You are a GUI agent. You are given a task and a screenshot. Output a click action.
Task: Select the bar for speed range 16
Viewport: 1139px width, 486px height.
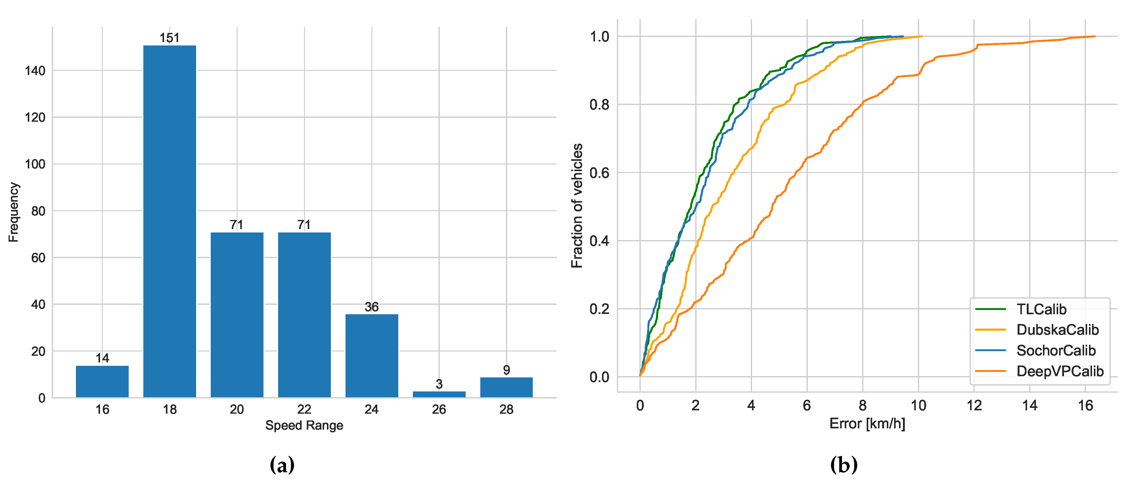(x=102, y=381)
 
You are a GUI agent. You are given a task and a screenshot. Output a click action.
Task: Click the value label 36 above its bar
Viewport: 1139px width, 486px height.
(x=371, y=307)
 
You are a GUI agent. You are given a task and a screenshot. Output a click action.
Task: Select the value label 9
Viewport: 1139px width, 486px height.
(x=506, y=370)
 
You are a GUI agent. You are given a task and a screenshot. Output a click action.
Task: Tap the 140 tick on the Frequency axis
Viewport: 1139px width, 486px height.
(x=35, y=71)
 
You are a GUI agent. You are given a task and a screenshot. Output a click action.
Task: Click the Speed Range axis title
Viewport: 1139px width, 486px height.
(x=304, y=425)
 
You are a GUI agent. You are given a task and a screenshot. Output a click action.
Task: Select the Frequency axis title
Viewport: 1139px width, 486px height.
(x=14, y=212)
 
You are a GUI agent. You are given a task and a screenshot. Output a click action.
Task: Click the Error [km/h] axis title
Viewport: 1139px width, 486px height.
(x=867, y=424)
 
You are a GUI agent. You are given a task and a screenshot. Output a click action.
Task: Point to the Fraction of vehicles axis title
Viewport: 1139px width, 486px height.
(x=577, y=206)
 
